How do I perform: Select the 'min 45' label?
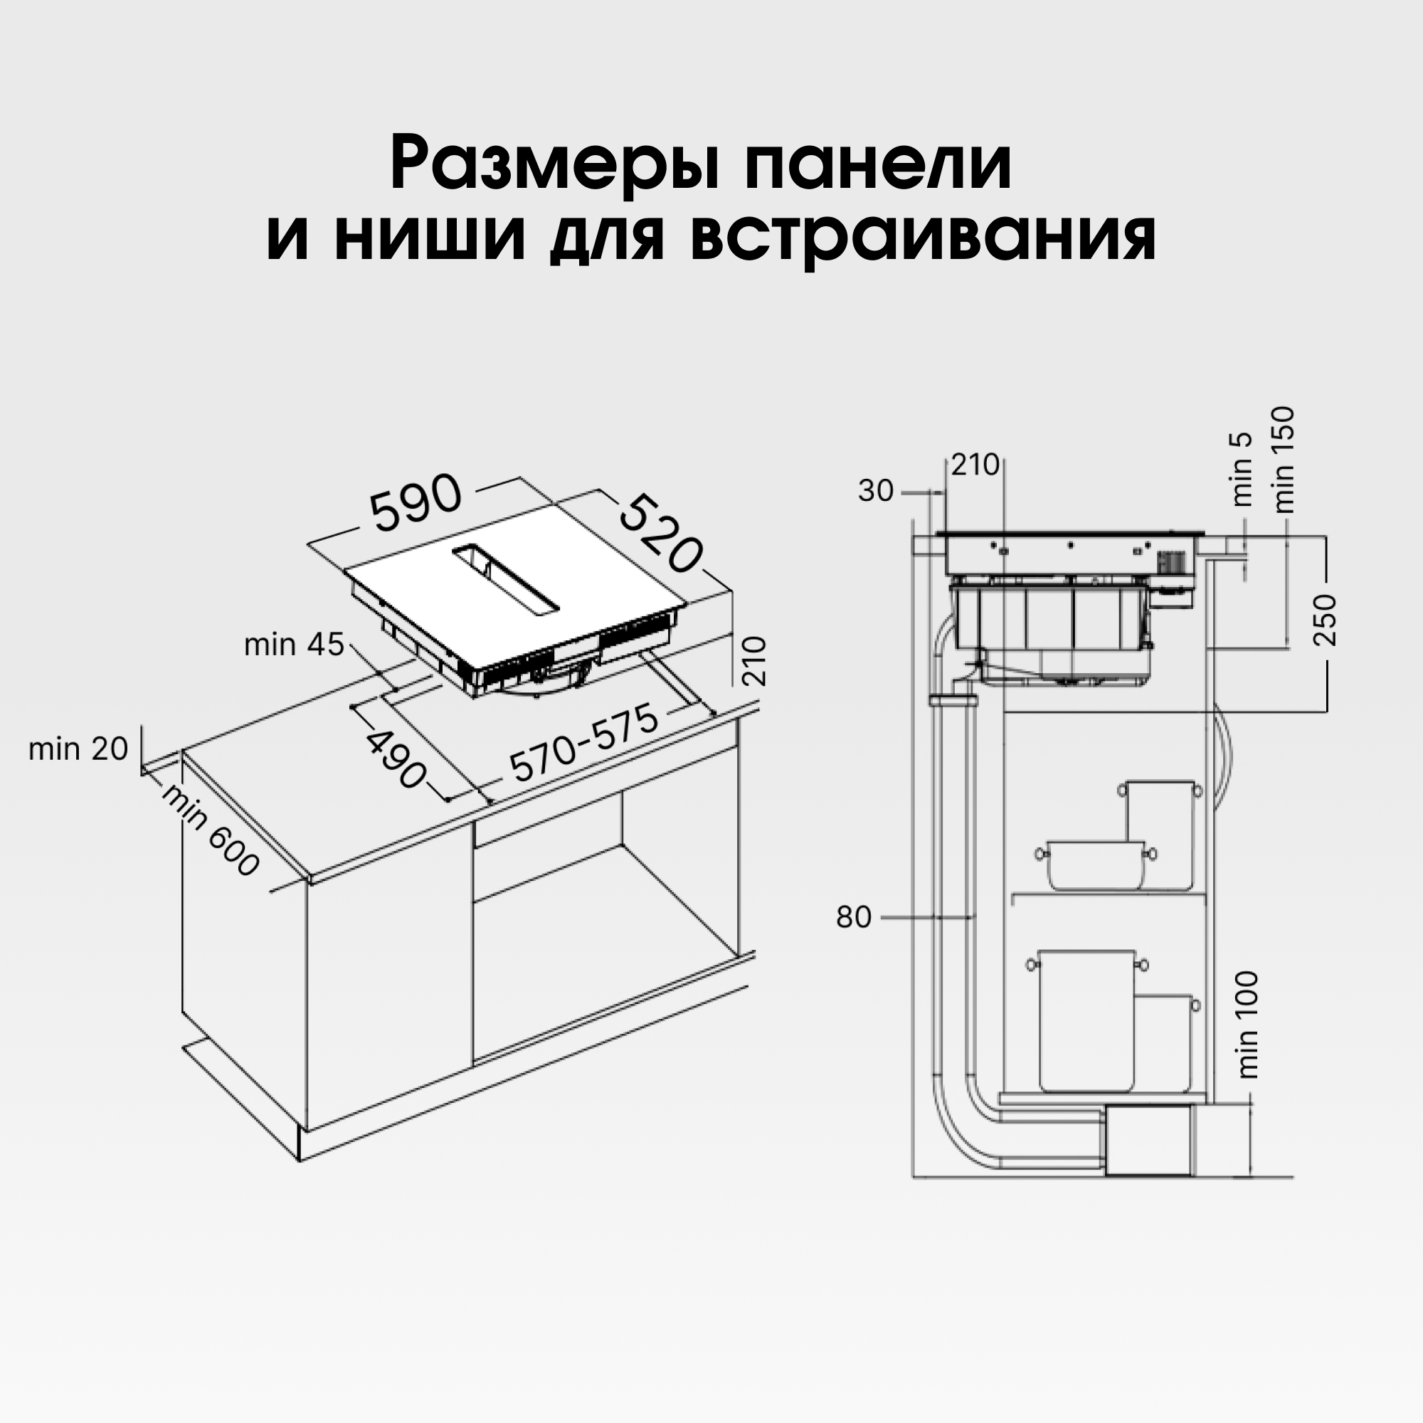point(294,645)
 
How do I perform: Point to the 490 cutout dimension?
point(396,758)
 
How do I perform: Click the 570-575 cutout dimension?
point(584,744)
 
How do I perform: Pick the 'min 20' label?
point(78,749)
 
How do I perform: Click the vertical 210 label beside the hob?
point(755,661)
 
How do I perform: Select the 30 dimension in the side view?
point(875,491)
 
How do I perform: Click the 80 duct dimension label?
point(854,918)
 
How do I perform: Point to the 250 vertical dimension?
point(1325,620)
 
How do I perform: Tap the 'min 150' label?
point(1283,460)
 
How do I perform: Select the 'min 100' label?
point(1249,1025)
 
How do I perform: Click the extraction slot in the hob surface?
point(507,578)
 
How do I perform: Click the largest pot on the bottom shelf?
point(1087,1021)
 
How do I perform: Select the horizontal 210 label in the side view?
point(975,465)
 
